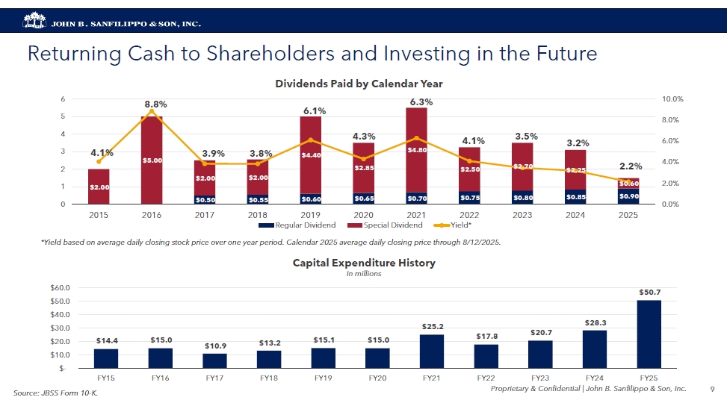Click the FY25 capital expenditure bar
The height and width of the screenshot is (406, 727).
649,334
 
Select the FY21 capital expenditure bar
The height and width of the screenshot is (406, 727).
432,351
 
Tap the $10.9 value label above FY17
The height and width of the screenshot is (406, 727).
214,346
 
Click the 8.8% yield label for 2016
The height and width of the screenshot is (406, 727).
155,104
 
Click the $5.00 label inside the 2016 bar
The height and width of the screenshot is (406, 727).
152,160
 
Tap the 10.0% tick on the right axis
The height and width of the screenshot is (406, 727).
672,99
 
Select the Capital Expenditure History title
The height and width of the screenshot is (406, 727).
364,263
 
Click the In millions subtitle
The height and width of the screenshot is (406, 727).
364,274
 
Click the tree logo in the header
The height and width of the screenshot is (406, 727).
34,22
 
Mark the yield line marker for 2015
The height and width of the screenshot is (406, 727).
99,161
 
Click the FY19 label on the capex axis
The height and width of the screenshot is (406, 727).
323,378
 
